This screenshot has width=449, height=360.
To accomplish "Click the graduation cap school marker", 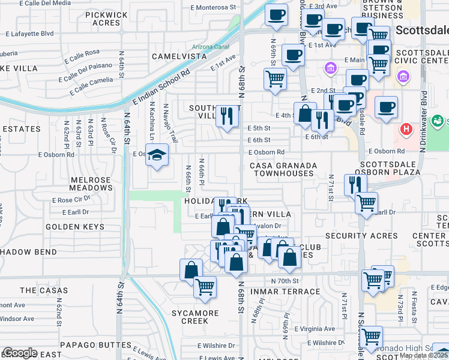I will point(157,156).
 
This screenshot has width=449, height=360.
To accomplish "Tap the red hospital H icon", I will point(407,129).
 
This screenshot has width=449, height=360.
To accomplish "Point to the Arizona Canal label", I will point(211,46).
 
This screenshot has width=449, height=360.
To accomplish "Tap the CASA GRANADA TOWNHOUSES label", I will point(282,169).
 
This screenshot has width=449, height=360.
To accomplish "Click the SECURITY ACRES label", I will point(358,236).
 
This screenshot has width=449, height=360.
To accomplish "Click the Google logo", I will point(19,353).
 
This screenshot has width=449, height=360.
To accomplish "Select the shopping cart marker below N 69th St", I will point(275,77).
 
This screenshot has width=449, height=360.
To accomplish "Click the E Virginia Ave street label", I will point(313,329).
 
